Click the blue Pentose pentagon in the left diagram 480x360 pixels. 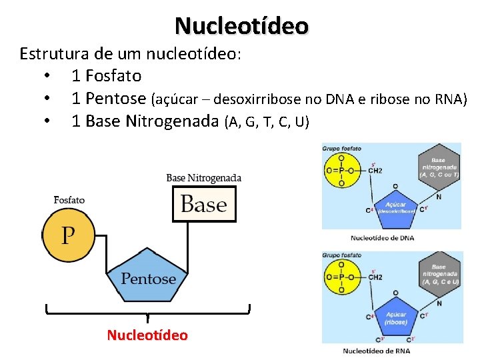(148, 275)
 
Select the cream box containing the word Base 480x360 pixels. (204, 204)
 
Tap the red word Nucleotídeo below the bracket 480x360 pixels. (147, 335)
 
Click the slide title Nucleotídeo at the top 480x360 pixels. (241, 26)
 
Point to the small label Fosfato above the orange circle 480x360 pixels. (69, 199)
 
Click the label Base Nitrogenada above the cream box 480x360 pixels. (203, 178)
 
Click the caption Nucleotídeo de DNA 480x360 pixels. (382, 237)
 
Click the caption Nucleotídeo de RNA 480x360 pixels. (377, 351)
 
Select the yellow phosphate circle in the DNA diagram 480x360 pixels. (341, 171)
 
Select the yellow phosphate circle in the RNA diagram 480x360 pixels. (341, 277)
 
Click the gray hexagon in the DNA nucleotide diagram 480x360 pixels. (438, 167)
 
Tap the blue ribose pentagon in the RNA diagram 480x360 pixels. (395, 318)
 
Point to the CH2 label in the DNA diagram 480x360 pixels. (375, 171)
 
